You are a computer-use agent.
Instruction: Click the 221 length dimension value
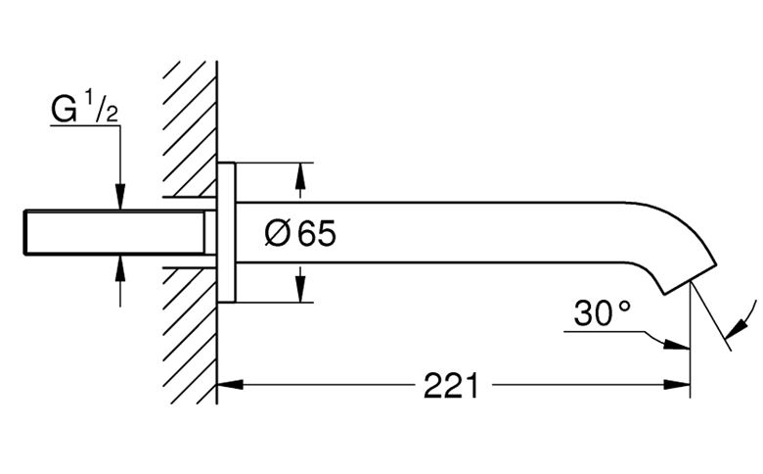pyautogui.click(x=451, y=386)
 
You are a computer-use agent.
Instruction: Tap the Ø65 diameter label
pyautogui.click(x=300, y=233)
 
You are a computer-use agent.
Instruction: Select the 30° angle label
pyautogui.click(x=602, y=312)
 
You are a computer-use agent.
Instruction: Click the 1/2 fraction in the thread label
pyautogui.click(x=102, y=105)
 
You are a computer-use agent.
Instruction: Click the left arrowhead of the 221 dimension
pyautogui.click(x=230, y=384)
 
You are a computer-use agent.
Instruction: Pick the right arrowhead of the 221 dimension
pyautogui.click(x=677, y=384)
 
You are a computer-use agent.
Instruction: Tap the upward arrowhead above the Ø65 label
pyautogui.click(x=300, y=176)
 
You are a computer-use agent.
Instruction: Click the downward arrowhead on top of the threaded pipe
pyautogui.click(x=120, y=197)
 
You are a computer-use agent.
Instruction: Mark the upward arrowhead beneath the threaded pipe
pyautogui.click(x=120, y=268)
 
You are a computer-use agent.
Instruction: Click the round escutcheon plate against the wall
pyautogui.click(x=226, y=232)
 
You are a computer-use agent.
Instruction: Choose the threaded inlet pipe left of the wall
pyautogui.click(x=114, y=232)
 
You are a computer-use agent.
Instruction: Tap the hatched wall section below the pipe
pyautogui.click(x=190, y=336)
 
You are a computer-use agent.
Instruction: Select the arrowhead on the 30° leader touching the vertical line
pyautogui.click(x=677, y=344)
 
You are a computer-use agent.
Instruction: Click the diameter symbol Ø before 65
pyautogui.click(x=278, y=233)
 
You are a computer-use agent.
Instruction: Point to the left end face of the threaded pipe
pyautogui.click(x=24, y=232)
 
